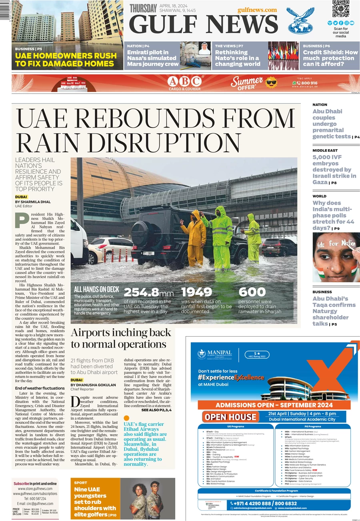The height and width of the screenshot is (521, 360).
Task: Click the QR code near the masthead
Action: (x=340, y=9)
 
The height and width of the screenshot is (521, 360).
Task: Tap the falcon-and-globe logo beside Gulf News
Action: (x=300, y=20)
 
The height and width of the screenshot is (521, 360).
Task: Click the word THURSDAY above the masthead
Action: (x=143, y=8)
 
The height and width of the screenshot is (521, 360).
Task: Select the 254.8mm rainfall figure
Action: (x=148, y=292)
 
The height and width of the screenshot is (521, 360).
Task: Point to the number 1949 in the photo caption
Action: (x=196, y=292)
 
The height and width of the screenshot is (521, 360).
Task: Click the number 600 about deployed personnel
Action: (x=252, y=292)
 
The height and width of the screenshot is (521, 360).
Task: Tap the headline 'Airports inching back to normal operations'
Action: (x=121, y=338)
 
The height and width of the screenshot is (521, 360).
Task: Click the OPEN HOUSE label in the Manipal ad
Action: (x=231, y=417)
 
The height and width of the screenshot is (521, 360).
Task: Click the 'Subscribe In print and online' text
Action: (x=35, y=483)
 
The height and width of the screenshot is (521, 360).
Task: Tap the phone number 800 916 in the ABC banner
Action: (x=308, y=83)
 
